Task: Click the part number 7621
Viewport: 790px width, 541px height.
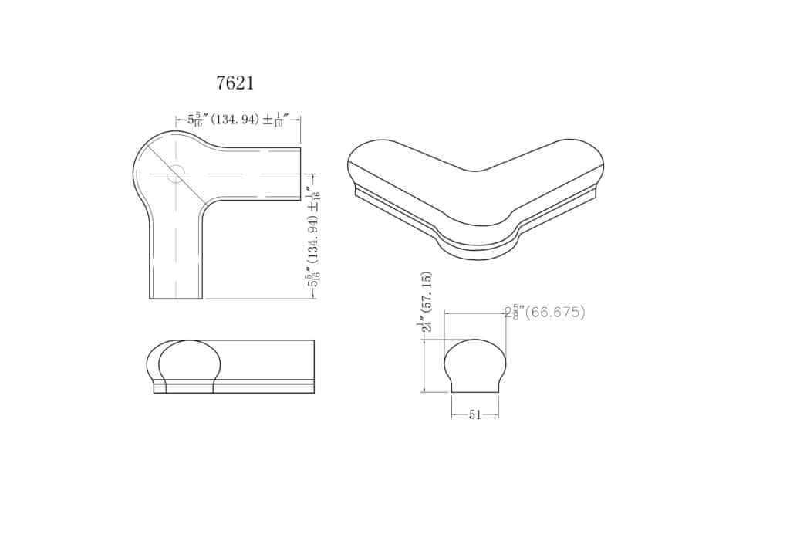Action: point(235,83)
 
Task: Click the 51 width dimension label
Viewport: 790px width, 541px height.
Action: point(474,415)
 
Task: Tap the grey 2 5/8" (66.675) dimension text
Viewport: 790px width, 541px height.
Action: point(545,313)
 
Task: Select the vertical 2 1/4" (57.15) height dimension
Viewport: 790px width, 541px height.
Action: point(425,302)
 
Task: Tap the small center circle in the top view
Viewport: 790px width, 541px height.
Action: point(176,174)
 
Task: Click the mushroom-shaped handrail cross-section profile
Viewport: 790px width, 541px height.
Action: point(474,366)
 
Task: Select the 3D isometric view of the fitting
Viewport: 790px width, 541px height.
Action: point(475,199)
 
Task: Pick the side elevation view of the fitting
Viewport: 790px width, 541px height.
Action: point(231,367)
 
